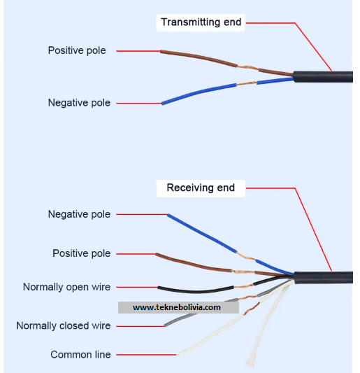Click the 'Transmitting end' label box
(x=201, y=22)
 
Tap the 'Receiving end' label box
(x=201, y=188)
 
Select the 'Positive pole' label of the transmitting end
(x=77, y=50)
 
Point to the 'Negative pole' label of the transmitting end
(x=79, y=103)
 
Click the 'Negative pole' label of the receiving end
(x=79, y=214)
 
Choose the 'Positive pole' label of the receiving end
(x=82, y=253)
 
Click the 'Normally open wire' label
(x=67, y=287)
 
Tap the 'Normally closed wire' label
(x=64, y=325)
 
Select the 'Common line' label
(x=80, y=355)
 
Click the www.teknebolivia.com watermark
(x=178, y=307)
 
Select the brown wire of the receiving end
(x=204, y=267)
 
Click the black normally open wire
(x=195, y=291)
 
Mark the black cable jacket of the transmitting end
(x=323, y=76)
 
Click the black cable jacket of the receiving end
(x=324, y=277)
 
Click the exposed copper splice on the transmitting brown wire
(x=247, y=68)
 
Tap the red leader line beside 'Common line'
(x=146, y=355)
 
